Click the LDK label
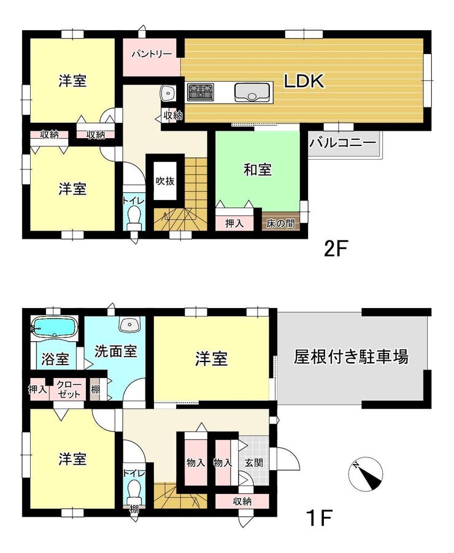pyautogui.click(x=304, y=82)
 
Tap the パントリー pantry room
pyautogui.click(x=152, y=57)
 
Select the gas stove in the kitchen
pyautogui.click(x=200, y=91)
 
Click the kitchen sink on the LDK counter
pyautogui.click(x=252, y=92)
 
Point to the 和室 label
pyautogui.click(x=258, y=170)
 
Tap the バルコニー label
pyautogui.click(x=343, y=143)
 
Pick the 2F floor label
pyautogui.click(x=336, y=249)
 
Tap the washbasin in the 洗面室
pyautogui.click(x=130, y=323)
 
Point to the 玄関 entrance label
pyautogui.click(x=254, y=462)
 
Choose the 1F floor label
pyautogui.click(x=320, y=518)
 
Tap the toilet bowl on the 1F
pyautogui.click(x=134, y=490)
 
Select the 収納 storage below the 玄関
pyautogui.click(x=242, y=501)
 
